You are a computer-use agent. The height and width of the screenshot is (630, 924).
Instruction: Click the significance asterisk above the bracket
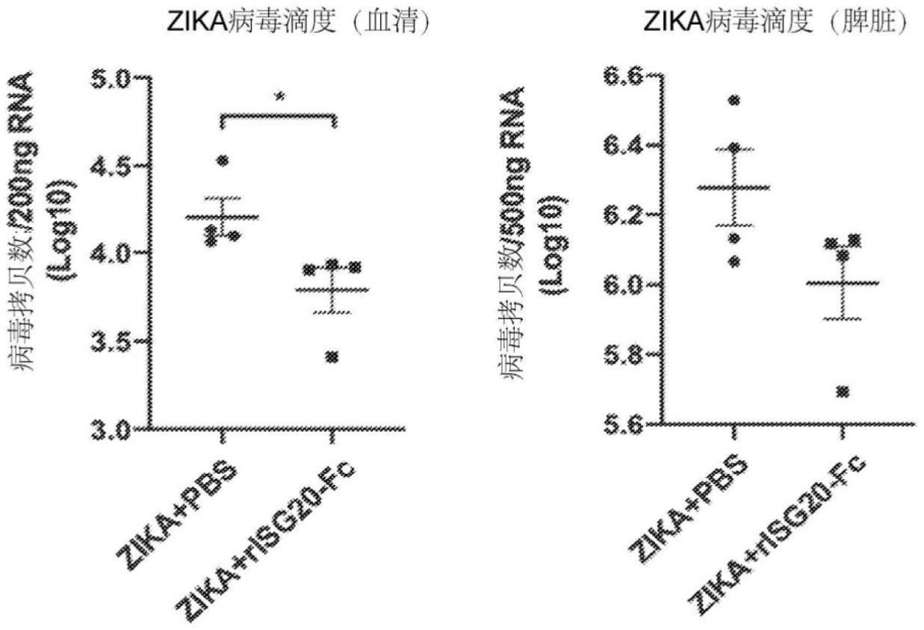click(279, 96)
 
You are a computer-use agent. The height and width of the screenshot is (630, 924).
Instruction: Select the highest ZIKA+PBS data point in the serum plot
click(222, 160)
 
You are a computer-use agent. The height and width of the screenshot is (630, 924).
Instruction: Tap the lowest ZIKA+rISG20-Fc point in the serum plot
click(332, 357)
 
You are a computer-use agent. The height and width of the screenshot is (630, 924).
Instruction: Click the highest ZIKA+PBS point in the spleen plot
click(733, 100)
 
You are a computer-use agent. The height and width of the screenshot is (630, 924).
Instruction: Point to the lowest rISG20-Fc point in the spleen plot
click(842, 392)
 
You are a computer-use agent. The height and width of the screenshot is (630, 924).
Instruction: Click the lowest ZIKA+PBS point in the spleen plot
click(733, 261)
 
